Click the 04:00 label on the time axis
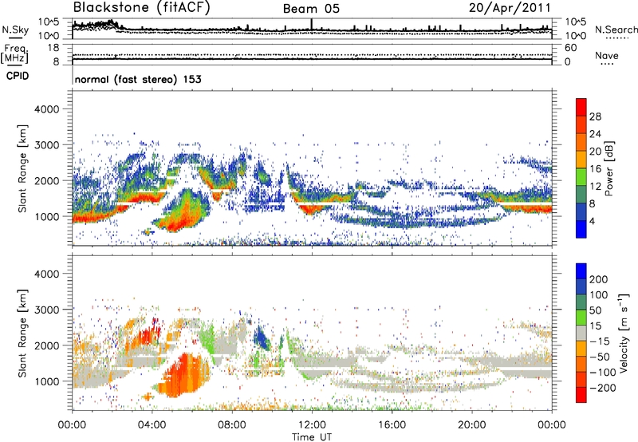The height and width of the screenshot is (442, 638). [152, 424]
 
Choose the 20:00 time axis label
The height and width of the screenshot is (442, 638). [471, 424]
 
